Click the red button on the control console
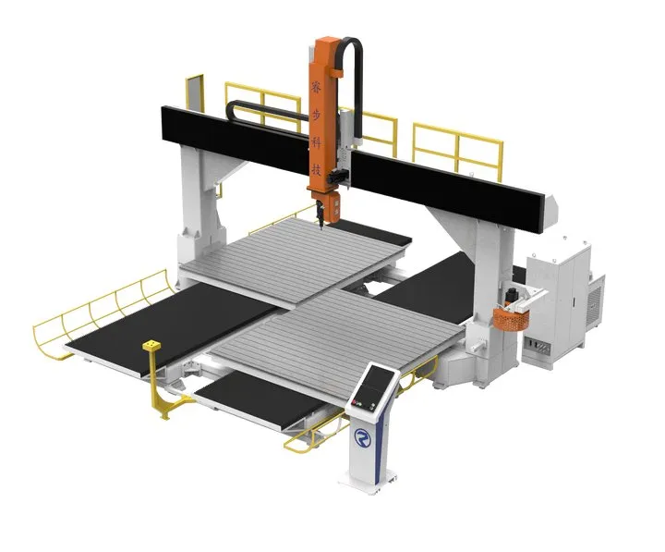click(x=351, y=403)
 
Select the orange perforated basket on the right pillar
click(x=511, y=317)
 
